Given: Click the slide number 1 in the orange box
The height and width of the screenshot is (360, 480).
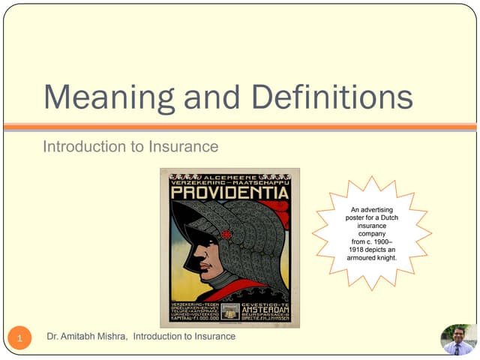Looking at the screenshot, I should [20, 340].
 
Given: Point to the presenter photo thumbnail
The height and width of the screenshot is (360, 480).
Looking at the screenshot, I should [457, 339].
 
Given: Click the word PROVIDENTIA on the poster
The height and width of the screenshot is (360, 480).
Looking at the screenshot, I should [229, 193].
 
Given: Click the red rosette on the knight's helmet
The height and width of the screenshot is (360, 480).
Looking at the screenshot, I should [226, 234].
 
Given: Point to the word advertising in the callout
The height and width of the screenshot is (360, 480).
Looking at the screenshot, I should [382, 208].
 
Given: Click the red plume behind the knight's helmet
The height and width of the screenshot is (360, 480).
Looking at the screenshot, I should [281, 214].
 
